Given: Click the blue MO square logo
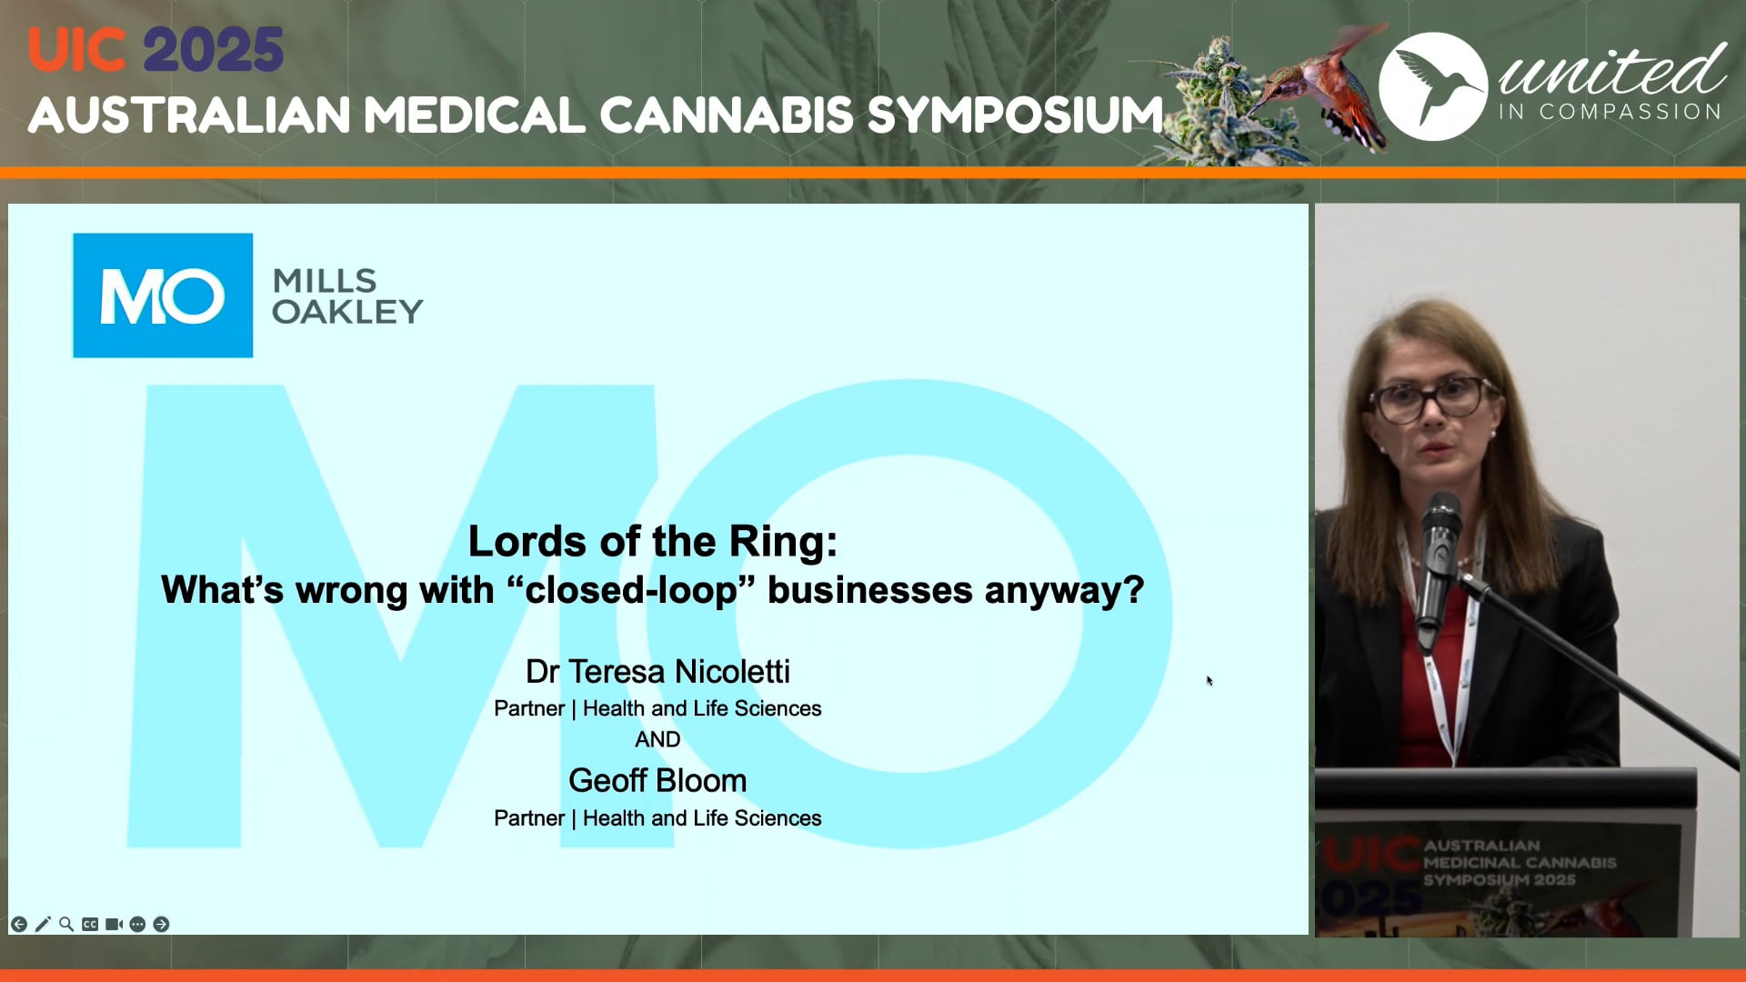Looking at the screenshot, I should coord(163,296).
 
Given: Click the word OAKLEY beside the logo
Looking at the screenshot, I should coord(347,312).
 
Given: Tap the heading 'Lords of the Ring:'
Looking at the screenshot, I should coord(652,542).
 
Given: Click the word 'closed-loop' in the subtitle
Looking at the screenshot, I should coord(631,590).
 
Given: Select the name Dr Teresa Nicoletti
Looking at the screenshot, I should coord(657,672).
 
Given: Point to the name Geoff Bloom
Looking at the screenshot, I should coord(657,781).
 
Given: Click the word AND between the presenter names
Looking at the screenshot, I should coord(657,739).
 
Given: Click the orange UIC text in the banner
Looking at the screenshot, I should coord(76,50).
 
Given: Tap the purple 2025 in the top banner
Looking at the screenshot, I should coord(214,50).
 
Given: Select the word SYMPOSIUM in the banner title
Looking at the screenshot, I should coord(1015,115).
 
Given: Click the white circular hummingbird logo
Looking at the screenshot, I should coord(1432,86).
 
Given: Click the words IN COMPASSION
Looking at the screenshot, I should coord(1610,112).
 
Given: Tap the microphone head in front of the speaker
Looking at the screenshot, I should coord(1441,518).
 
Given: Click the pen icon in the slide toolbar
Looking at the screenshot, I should coord(43,924).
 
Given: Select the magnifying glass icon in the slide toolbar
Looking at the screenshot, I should coord(66,924).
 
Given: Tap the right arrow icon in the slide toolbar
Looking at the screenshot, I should coord(161,924).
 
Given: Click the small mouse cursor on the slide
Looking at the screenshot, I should coord(1209,680).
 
